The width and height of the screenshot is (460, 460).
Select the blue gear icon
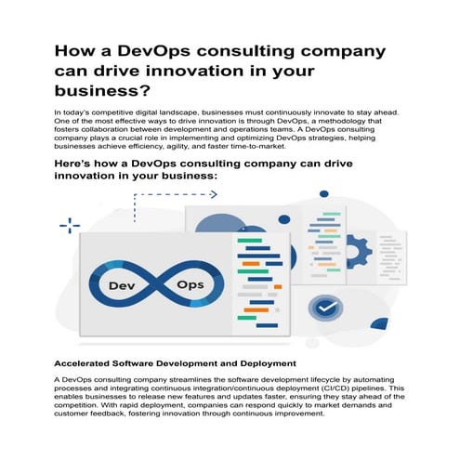click(357, 251)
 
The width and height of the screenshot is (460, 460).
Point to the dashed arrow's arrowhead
click(214, 194)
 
